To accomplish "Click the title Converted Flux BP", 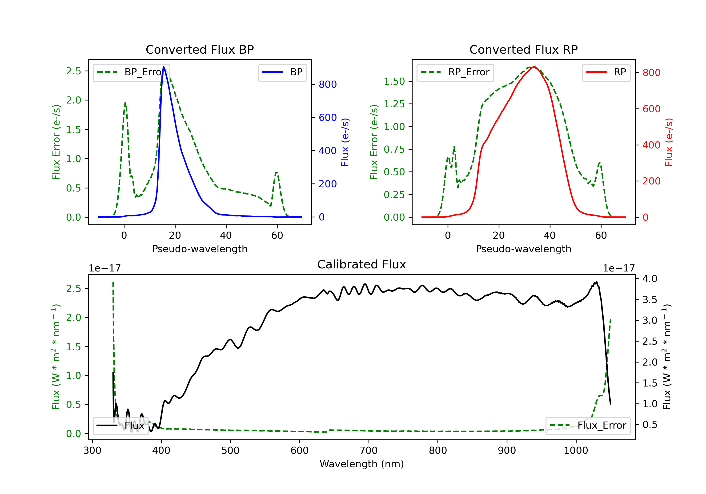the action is click(200, 49).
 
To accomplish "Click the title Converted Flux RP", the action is click(523, 49).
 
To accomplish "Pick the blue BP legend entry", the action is click(282, 72).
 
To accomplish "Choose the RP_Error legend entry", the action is click(455, 72).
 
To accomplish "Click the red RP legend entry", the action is click(606, 72).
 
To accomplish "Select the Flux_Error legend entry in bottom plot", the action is click(588, 426).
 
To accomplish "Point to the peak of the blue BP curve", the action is click(164, 67).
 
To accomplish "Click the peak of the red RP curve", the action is click(534, 67).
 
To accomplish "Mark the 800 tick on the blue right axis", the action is click(328, 84).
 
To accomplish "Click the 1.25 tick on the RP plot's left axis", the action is click(394, 104).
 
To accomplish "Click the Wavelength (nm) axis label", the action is click(362, 464).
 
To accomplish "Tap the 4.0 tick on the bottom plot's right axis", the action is click(650, 279).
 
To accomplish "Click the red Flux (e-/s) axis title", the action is click(669, 142).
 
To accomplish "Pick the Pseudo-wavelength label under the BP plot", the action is click(200, 249).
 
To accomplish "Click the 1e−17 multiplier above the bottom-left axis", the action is click(104, 268).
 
